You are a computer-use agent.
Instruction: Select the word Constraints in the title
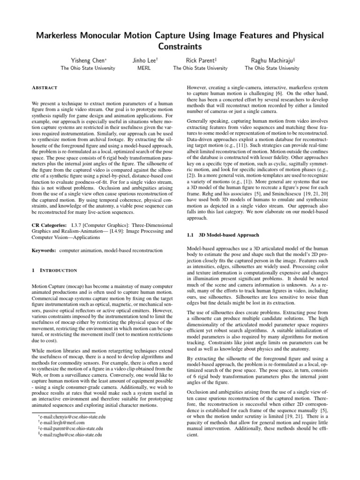pos(180,47)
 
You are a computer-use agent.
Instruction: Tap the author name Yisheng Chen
pos(88,60)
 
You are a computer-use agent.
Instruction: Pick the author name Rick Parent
pos(200,60)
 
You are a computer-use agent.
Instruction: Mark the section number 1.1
pos(191,234)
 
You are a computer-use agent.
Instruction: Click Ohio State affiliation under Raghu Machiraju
pos(272,68)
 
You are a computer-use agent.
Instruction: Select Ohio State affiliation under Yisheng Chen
pos(88,68)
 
